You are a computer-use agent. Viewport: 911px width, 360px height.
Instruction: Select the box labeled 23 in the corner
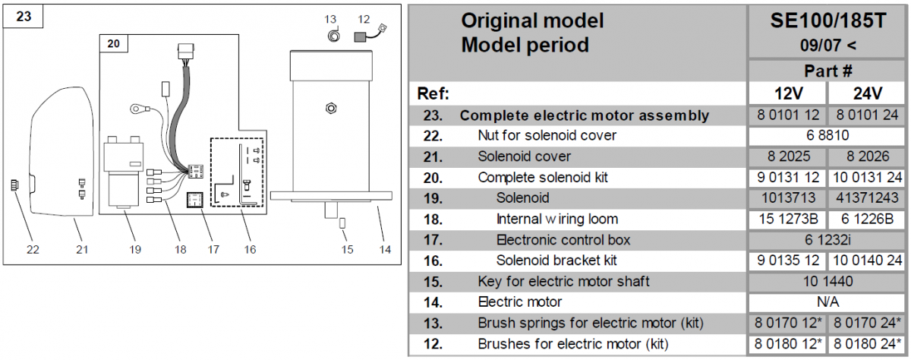coord(24,16)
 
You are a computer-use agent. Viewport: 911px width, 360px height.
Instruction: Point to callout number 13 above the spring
coord(330,18)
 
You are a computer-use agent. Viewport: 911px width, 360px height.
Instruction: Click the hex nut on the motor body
coord(330,107)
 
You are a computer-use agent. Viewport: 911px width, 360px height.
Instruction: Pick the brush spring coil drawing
coord(333,36)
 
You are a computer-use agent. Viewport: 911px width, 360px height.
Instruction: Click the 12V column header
coord(787,94)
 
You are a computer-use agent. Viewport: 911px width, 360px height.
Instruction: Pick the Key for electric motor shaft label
coord(563,281)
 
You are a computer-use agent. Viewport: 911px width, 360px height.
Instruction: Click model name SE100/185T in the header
coord(827,21)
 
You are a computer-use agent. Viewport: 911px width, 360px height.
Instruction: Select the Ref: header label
coord(433,94)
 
